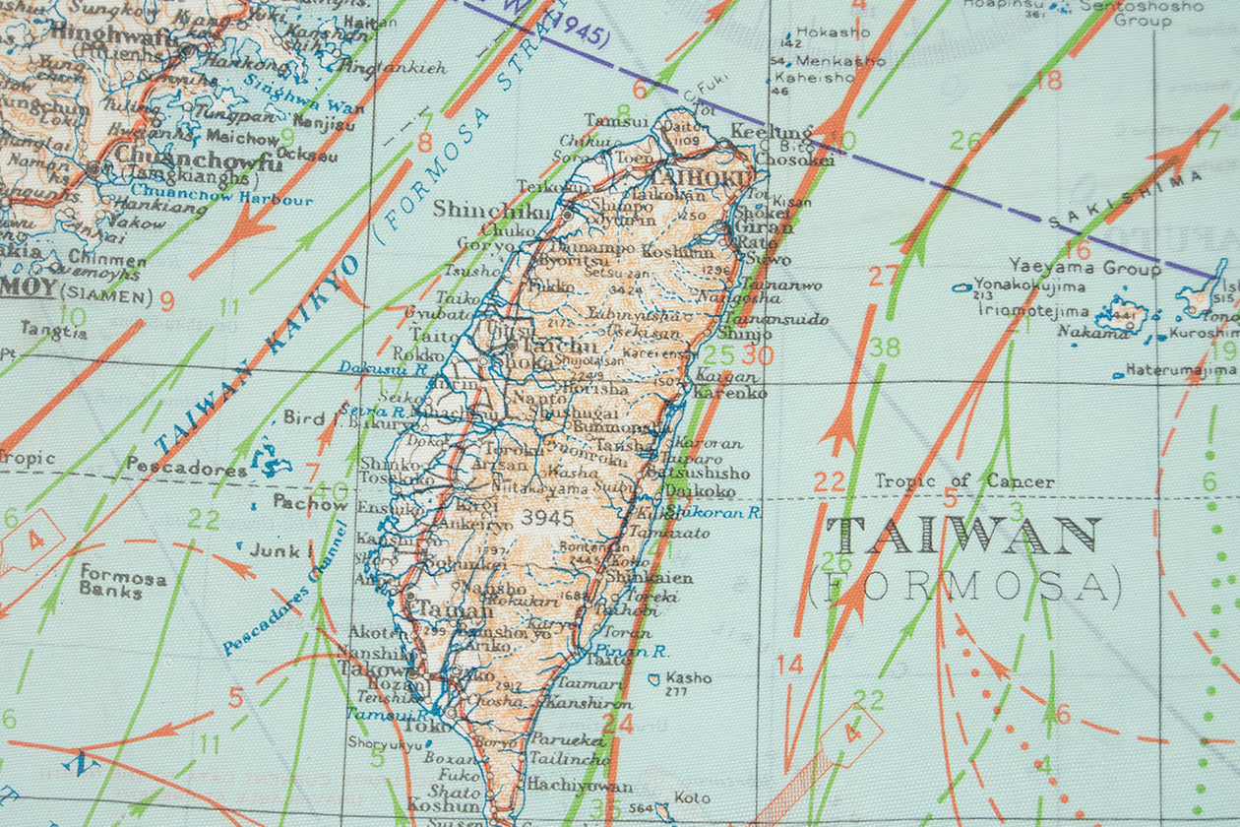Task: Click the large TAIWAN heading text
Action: click(x=963, y=537)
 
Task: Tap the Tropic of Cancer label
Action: click(x=964, y=481)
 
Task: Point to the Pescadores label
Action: click(x=186, y=469)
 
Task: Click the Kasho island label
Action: click(x=688, y=678)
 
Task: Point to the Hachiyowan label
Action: click(x=579, y=786)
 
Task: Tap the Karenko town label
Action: click(x=730, y=393)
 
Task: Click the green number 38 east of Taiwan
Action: click(x=885, y=347)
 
